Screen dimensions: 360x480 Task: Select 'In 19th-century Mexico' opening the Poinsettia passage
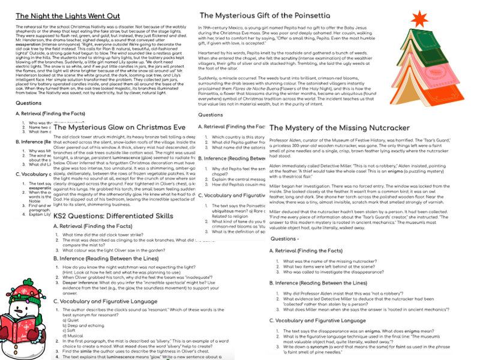[x=220, y=28]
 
